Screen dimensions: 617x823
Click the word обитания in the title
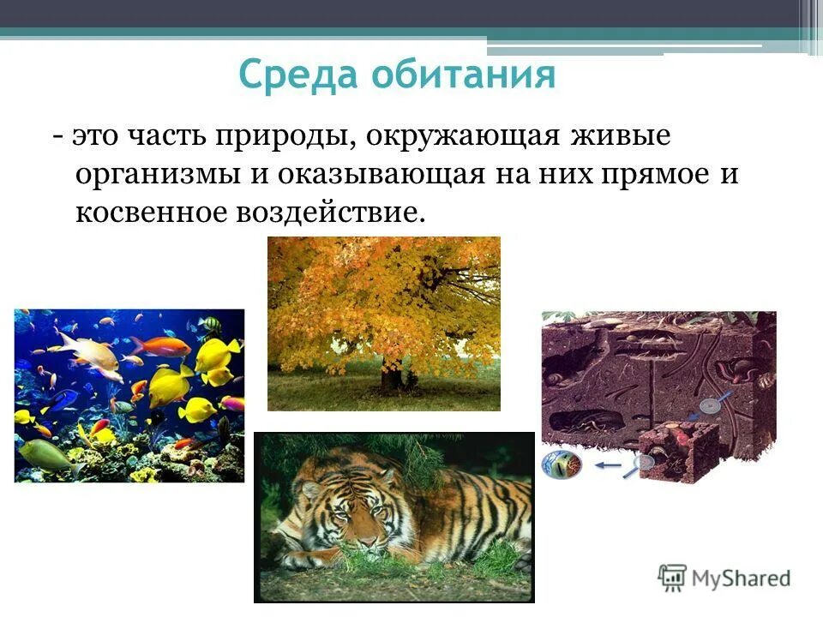pos(463,75)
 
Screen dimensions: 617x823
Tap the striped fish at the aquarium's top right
pos(209,325)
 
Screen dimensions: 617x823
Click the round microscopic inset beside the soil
pos(562,465)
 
